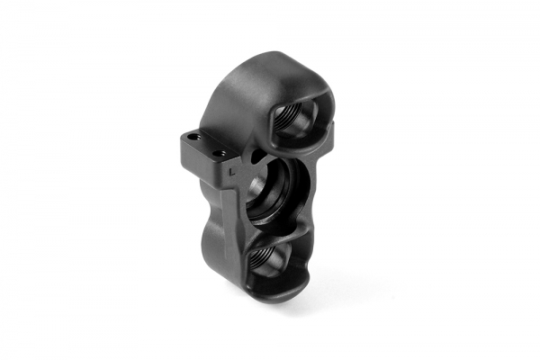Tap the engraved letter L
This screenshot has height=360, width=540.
231,166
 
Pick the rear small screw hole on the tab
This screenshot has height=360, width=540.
192,137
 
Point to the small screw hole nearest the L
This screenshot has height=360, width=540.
220,154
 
